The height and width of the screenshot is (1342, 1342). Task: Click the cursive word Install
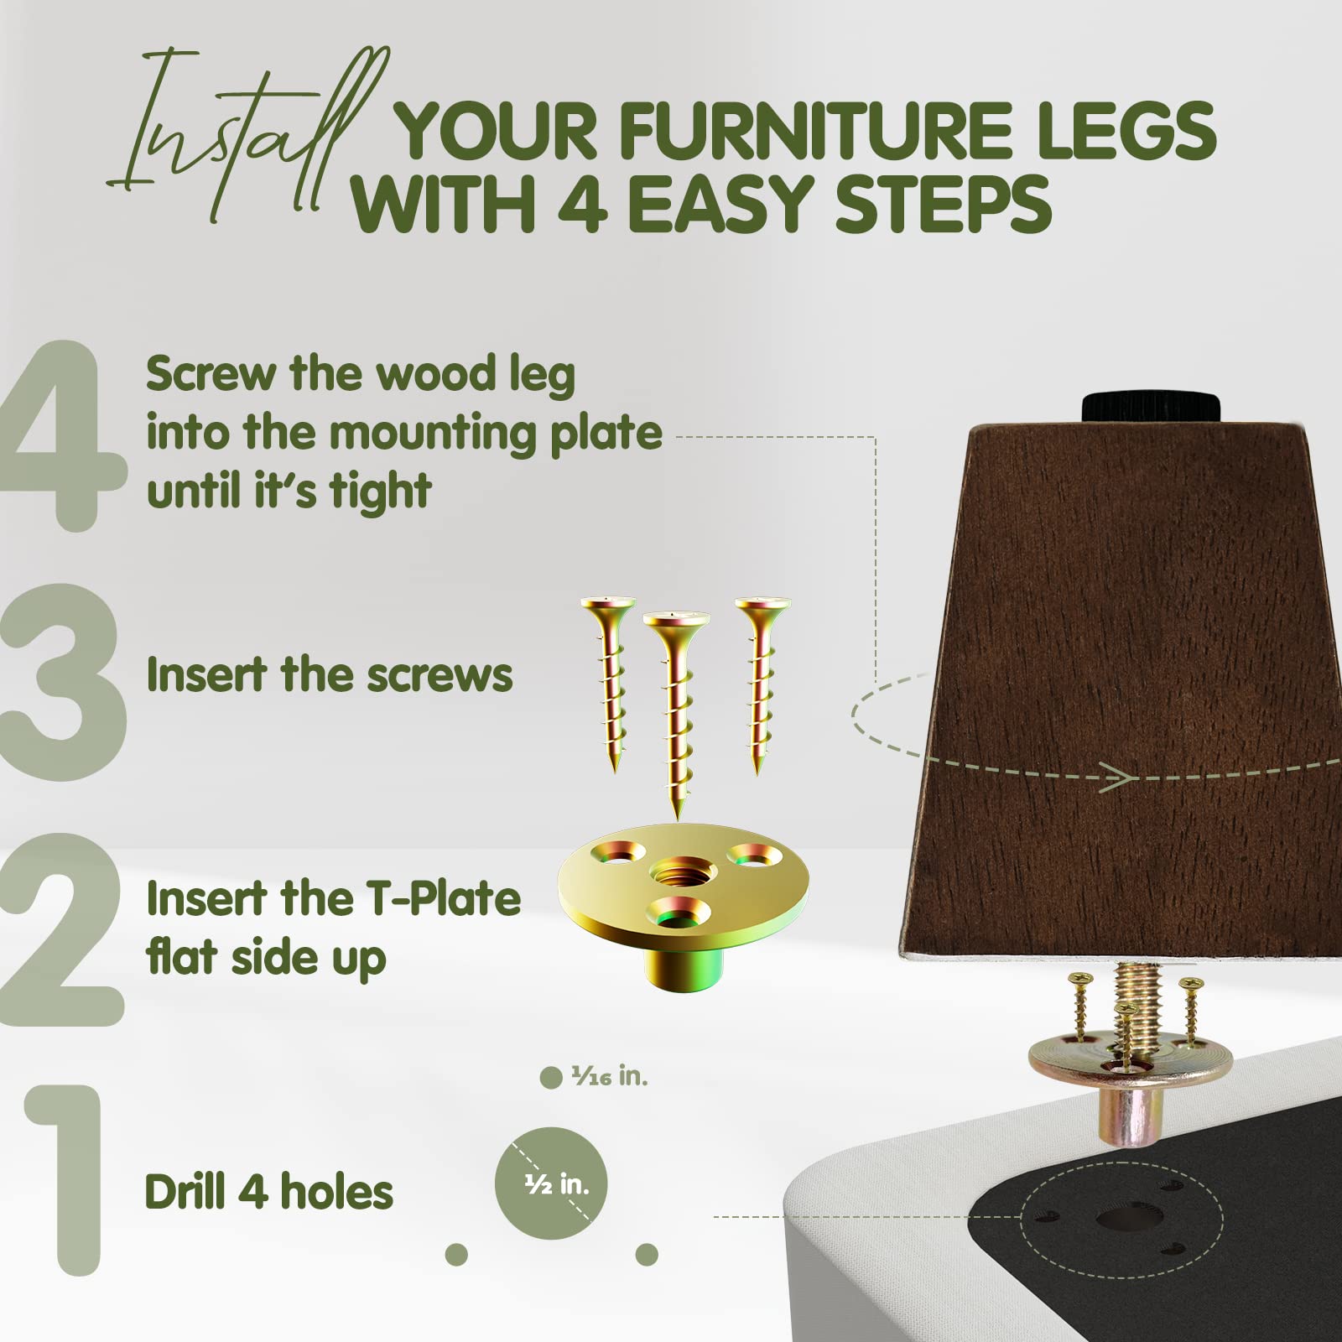[243, 134]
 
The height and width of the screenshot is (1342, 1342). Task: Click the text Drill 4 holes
[268, 1192]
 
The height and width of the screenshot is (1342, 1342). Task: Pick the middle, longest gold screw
[676, 713]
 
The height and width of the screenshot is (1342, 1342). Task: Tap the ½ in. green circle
[551, 1183]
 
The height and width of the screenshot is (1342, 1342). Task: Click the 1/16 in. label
[609, 1076]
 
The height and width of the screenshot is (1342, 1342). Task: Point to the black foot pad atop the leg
[1150, 408]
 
